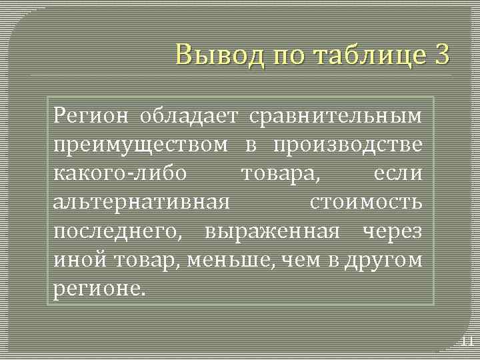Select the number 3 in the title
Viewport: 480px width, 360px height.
[x=441, y=53]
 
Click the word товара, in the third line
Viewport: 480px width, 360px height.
[x=280, y=173]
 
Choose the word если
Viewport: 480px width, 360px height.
[x=398, y=173]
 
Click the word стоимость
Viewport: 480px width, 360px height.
[x=366, y=202]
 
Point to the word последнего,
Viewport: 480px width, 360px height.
[x=120, y=231]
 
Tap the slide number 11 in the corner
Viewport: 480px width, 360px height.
[x=467, y=342]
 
